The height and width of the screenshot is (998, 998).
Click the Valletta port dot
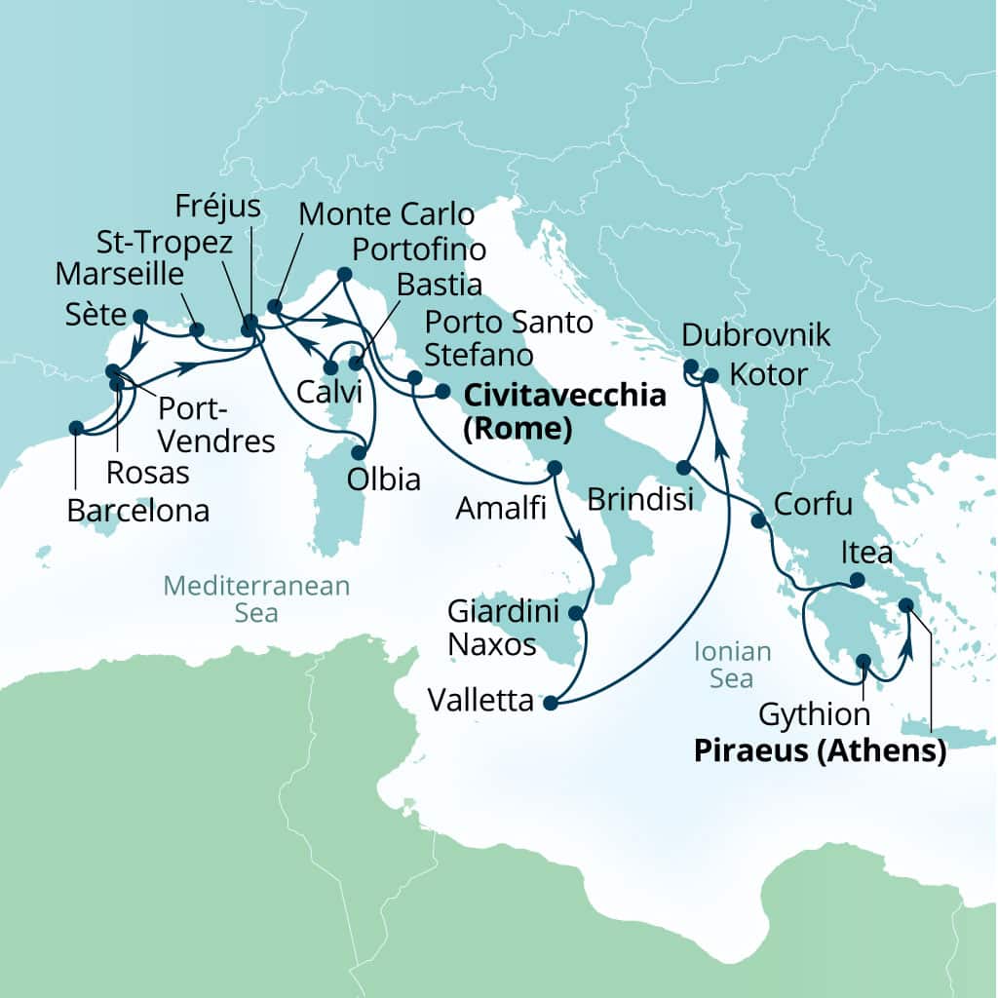(x=550, y=703)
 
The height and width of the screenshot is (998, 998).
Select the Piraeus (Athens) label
(x=820, y=751)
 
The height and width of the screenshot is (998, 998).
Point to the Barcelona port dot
(x=76, y=427)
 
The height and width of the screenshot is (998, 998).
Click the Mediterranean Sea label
(x=255, y=598)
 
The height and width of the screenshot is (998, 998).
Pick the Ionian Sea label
(x=731, y=665)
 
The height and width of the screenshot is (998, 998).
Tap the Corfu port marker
(x=758, y=520)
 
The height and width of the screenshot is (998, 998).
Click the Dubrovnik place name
(x=756, y=336)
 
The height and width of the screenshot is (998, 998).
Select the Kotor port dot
(x=711, y=375)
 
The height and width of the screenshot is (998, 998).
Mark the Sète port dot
(x=139, y=316)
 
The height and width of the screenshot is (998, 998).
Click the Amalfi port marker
(x=554, y=467)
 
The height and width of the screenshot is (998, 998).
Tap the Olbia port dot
(x=360, y=453)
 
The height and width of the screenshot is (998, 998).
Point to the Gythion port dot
(x=863, y=661)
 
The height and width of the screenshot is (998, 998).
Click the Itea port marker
(x=857, y=580)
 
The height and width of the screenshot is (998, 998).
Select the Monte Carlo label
(x=386, y=213)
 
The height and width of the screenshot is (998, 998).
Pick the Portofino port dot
(x=344, y=275)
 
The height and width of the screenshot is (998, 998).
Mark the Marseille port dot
(x=197, y=329)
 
